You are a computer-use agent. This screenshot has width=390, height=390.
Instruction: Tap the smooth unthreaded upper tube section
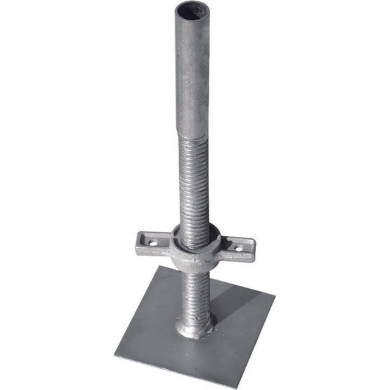click(193, 73)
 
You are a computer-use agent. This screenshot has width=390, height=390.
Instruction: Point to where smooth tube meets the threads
click(194, 135)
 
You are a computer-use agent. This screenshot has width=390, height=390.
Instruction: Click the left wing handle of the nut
click(152, 243)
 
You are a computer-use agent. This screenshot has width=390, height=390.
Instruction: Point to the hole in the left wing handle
click(152, 242)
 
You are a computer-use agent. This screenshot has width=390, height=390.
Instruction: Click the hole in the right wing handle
click(239, 248)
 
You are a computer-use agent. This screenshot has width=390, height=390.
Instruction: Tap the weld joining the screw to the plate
click(195, 329)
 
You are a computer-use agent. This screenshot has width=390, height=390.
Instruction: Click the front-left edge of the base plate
click(174, 369)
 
